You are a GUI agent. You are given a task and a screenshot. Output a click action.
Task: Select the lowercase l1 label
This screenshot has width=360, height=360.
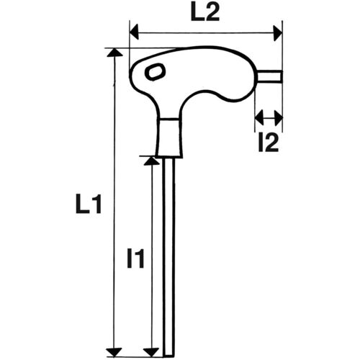pyautogui.click(x=135, y=257)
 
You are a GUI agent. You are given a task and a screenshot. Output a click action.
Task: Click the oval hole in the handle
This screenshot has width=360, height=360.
pyautogui.click(x=154, y=71)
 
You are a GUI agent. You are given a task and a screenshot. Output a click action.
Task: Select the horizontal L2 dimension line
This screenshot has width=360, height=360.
pyautogui.click(x=205, y=32)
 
